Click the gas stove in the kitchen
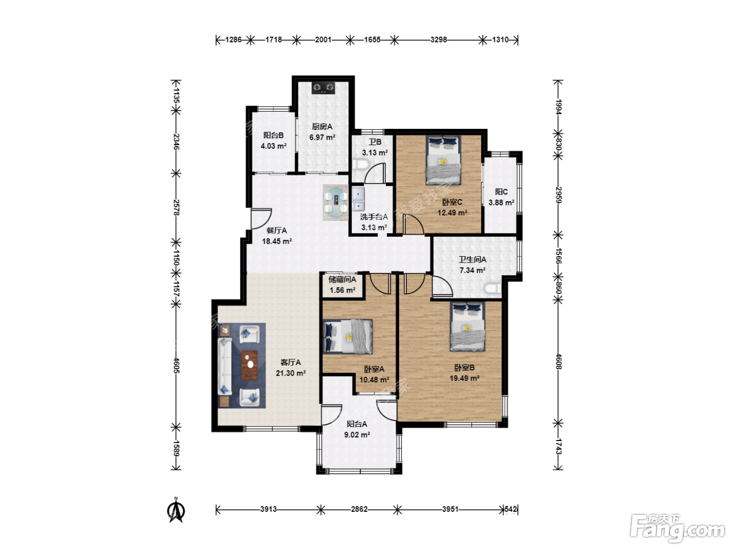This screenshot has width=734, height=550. (323, 88)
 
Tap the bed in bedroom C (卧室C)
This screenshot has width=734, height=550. (443, 160)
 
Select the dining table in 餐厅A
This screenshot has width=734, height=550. (336, 202)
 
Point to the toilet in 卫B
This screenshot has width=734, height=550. (360, 164)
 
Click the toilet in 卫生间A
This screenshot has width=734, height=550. (493, 288)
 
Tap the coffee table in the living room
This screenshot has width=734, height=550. (250, 365)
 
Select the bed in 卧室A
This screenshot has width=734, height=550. (348, 336)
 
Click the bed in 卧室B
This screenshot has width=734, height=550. (467, 326)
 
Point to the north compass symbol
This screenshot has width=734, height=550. (176, 510)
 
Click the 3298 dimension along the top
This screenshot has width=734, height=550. (438, 40)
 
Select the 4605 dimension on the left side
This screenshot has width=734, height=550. (177, 366)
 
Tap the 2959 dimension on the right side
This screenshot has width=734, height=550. (558, 195)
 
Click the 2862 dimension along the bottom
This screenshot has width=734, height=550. (359, 509)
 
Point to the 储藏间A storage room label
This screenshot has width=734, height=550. (342, 280)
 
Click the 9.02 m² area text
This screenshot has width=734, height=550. (357, 435)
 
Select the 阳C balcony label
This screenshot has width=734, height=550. (501, 192)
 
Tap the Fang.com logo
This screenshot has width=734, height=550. (677, 527)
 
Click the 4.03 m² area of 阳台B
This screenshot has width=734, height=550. (274, 146)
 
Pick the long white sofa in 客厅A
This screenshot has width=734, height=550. (225, 366)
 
